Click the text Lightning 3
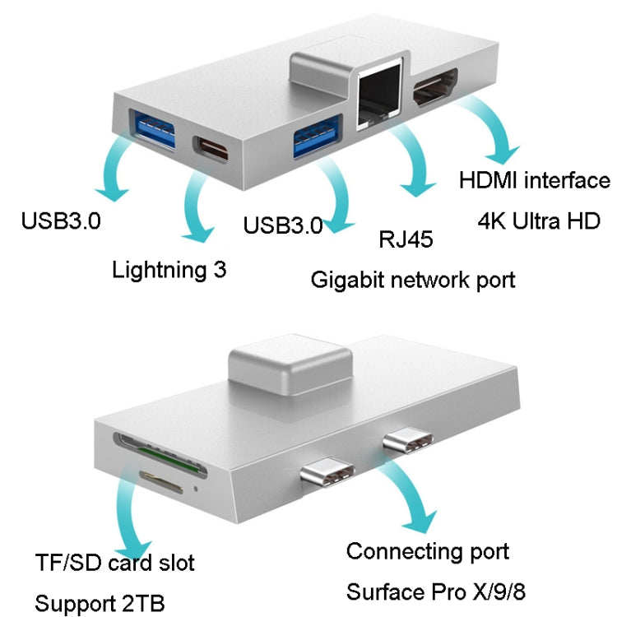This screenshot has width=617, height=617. coord(169,269)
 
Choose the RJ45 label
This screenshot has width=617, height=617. coord(406,239)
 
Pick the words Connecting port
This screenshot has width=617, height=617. coord(427,550)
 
